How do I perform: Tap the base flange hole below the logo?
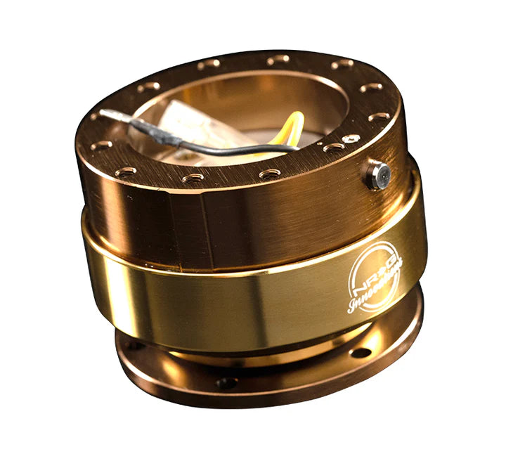360,351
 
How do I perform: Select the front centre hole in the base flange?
227,382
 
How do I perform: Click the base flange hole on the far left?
132,345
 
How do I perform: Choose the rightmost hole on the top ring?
380,116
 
